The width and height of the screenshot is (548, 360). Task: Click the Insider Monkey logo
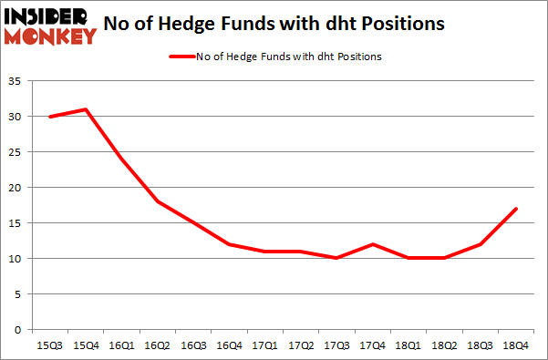[x=51, y=26]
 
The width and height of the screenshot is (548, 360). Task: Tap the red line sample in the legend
[x=181, y=57]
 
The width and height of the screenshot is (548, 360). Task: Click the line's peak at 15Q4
[x=85, y=109]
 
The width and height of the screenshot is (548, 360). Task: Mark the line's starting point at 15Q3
[x=49, y=117]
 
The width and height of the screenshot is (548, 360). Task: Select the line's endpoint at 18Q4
[x=517, y=209]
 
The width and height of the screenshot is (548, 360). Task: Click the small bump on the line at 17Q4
[x=373, y=244]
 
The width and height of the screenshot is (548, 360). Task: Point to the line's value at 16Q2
[x=157, y=201]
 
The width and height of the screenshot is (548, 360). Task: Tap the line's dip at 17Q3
[x=336, y=259]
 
